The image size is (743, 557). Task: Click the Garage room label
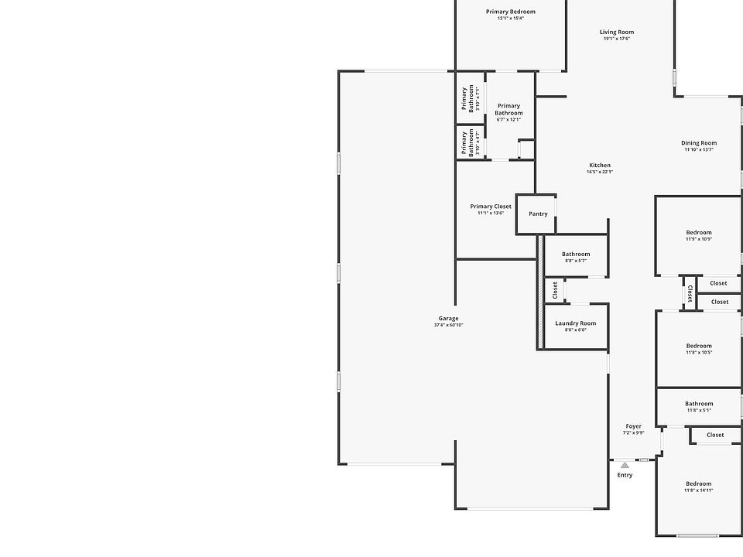(448, 318)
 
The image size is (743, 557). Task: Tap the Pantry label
(538, 214)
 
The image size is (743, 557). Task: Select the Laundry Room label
(575, 323)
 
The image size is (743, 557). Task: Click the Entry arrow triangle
(625, 465)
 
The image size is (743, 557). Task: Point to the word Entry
(625, 475)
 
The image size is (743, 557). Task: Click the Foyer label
(633, 426)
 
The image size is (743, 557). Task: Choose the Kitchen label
(600, 165)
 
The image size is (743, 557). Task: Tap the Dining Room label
(699, 143)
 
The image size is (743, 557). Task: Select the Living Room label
(617, 32)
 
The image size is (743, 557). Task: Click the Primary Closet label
(491, 207)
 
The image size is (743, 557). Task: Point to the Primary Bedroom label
(510, 12)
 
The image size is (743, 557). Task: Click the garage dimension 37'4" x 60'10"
(448, 325)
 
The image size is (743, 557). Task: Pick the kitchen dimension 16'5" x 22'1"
(600, 172)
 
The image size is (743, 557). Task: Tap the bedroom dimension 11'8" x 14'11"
(698, 490)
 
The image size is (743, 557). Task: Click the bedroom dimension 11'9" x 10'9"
(698, 239)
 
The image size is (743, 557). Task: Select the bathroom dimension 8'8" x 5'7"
(575, 261)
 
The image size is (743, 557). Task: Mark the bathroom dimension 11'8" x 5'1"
(698, 410)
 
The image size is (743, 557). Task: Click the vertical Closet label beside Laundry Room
(555, 290)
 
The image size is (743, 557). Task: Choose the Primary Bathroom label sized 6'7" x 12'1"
(508, 109)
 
